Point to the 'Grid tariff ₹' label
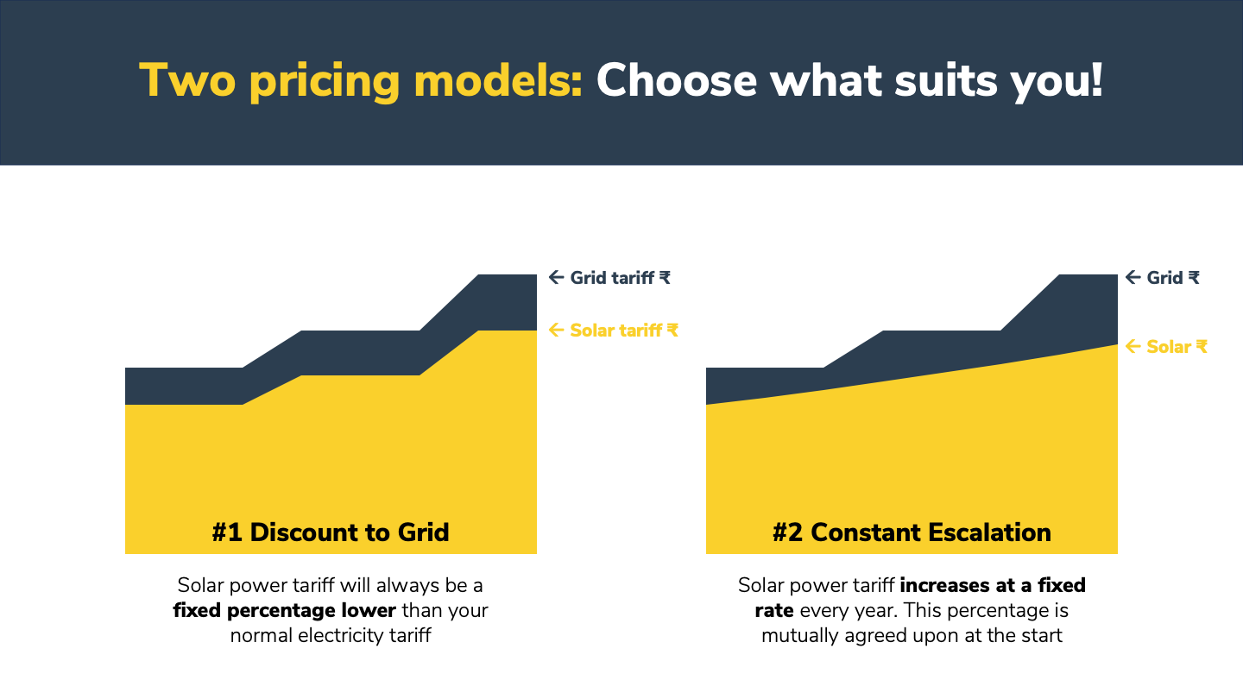(620, 278)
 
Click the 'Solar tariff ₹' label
(623, 330)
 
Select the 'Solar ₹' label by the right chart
(1177, 347)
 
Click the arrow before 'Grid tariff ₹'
(557, 278)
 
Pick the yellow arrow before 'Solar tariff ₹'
(557, 330)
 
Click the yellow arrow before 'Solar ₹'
(1133, 347)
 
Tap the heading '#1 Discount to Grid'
(331, 532)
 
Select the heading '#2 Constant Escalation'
(912, 532)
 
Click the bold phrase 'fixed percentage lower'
(284, 611)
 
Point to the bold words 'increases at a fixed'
(992, 586)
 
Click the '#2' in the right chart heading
(788, 532)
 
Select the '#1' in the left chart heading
(227, 532)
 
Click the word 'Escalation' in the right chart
(990, 532)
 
